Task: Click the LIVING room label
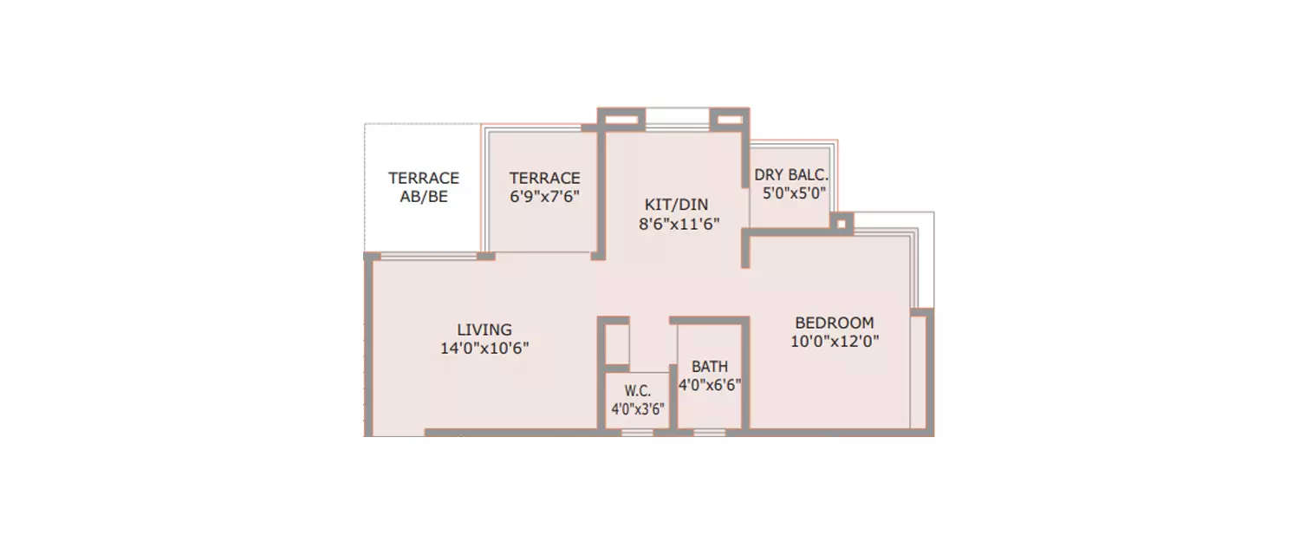coord(484,330)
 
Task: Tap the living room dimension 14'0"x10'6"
coord(484,349)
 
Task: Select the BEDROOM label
coord(835,323)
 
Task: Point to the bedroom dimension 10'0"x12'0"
coord(835,342)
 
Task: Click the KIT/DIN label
coord(676,205)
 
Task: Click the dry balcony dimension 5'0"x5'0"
coord(793,193)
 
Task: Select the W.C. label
coord(638,391)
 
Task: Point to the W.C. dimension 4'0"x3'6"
coord(638,409)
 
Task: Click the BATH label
coord(710,367)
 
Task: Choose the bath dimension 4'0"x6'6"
coord(710,385)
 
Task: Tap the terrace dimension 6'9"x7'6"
coord(544,197)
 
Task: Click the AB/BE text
coord(424,197)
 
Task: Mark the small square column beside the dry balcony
coord(841,223)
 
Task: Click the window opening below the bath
coord(709,431)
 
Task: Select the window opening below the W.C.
coord(638,431)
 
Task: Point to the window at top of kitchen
coord(678,118)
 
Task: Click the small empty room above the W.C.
coord(616,344)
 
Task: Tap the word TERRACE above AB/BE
coord(424,178)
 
